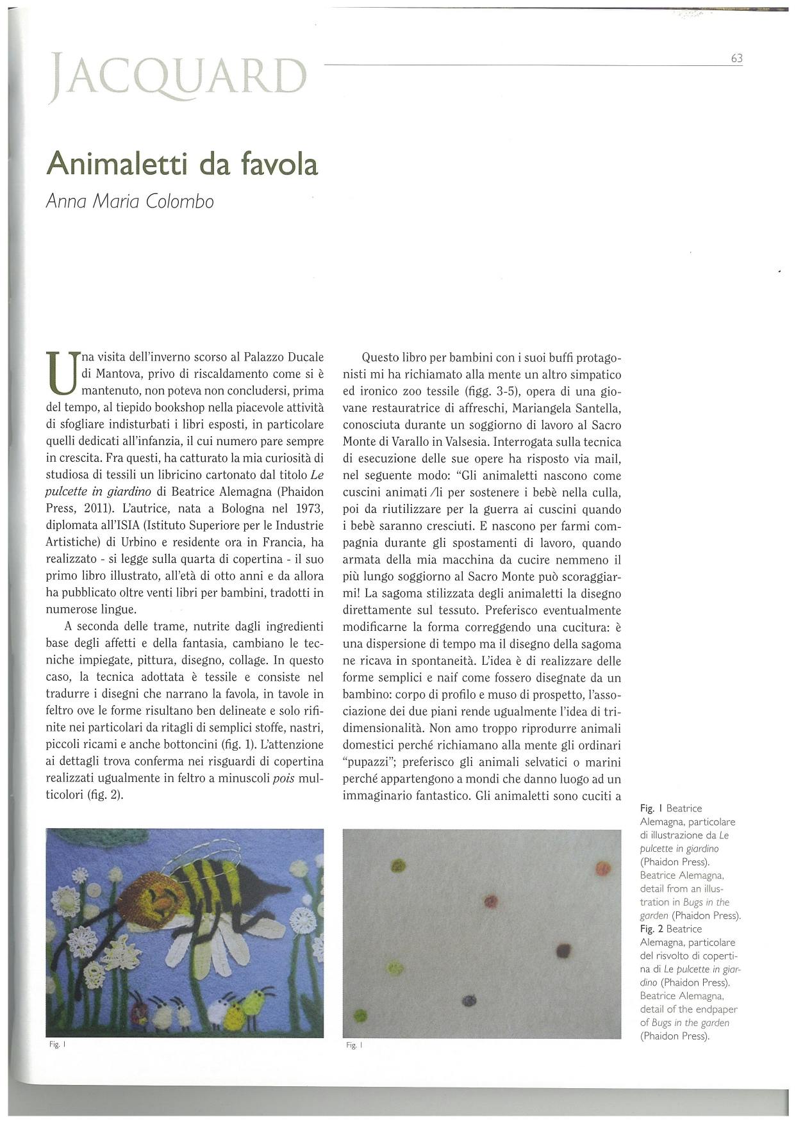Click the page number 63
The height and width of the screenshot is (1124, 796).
(x=736, y=58)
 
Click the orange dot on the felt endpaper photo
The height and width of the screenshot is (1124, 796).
(x=602, y=869)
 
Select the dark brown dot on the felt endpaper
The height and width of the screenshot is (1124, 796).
(x=563, y=950)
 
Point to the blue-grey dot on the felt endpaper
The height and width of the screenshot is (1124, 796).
(x=469, y=1000)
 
